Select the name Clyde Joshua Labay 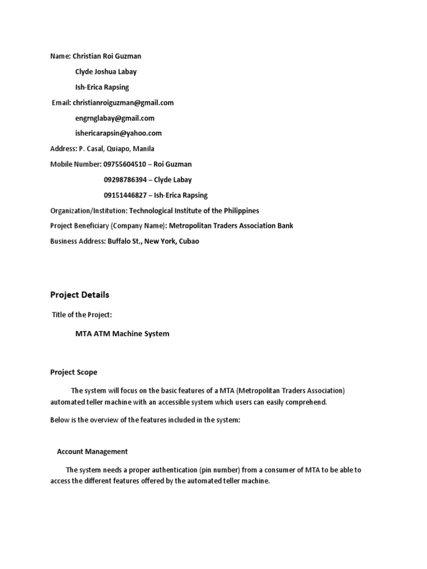click(106, 72)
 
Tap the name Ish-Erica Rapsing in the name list click(102, 87)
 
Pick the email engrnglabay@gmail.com click(115, 118)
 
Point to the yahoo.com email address click(118, 133)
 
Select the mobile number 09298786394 click(125, 179)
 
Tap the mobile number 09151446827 click(125, 195)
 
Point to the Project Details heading click(80, 295)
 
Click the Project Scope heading click(73, 372)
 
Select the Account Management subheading click(92, 451)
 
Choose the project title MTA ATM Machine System click(122, 334)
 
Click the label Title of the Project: click(82, 315)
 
